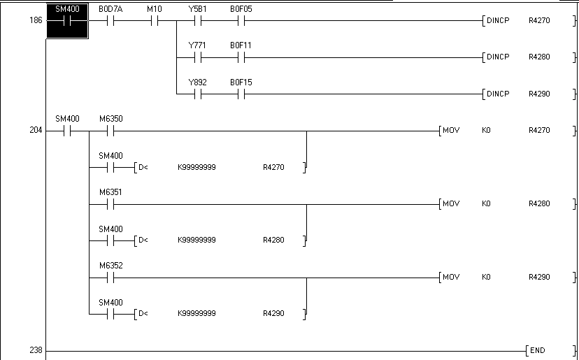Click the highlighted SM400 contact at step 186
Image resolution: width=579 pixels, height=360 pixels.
(67, 20)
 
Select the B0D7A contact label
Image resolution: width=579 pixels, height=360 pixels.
(110, 8)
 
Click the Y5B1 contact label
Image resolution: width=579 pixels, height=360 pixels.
(196, 8)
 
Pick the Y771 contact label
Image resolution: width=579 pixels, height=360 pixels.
(196, 45)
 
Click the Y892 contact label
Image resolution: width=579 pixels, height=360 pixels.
(197, 82)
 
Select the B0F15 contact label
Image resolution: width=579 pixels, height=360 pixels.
(241, 82)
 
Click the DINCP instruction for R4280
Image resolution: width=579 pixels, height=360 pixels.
(498, 57)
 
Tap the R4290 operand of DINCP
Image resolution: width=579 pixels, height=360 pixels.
(539, 94)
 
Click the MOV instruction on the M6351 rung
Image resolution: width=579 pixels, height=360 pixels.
(451, 204)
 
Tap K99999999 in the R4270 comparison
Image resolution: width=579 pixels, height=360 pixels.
(196, 167)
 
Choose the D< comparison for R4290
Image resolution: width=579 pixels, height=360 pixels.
(143, 314)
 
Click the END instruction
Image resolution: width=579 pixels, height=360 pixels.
(537, 350)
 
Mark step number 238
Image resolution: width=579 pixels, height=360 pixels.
(36, 350)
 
